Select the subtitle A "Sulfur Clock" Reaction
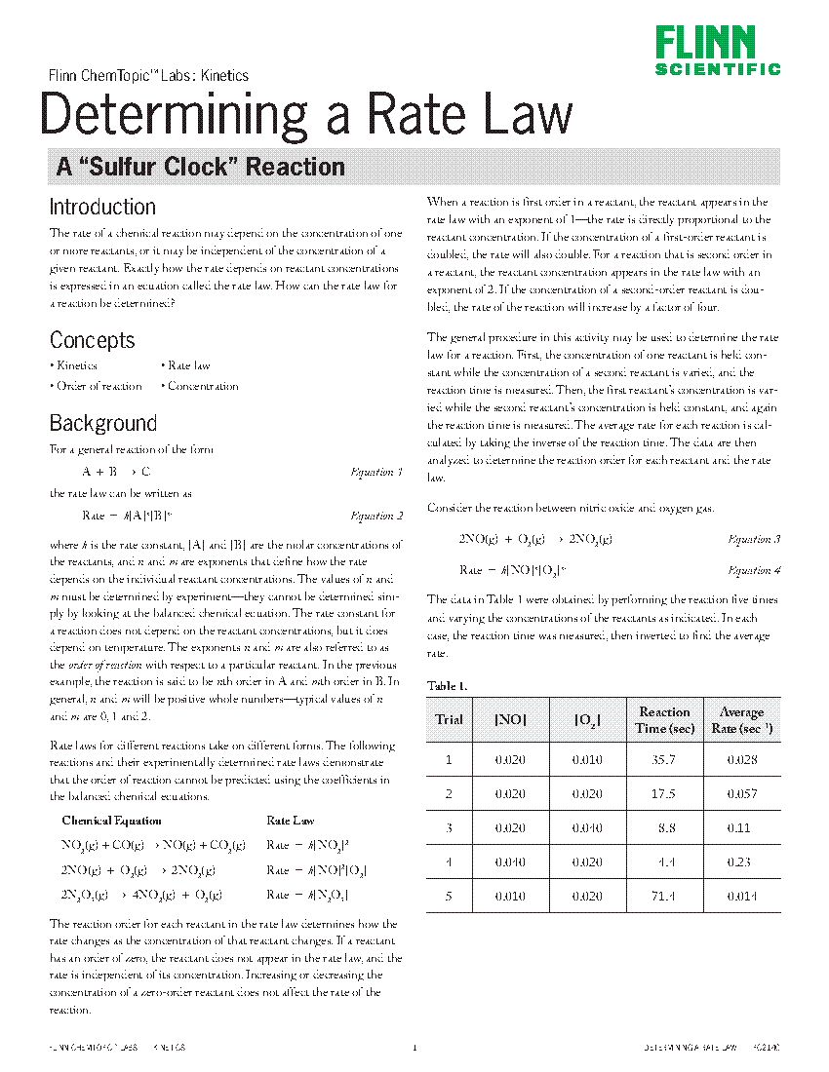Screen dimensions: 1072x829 [x=200, y=167]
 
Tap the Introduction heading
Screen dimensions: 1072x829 [x=102, y=207]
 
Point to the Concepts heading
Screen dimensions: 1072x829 [x=92, y=340]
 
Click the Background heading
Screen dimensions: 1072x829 [x=102, y=423]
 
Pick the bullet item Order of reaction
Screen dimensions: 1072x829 [x=98, y=386]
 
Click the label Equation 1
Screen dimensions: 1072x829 [x=375, y=472]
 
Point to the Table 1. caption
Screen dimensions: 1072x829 [x=447, y=686]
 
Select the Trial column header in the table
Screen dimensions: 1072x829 [x=449, y=719]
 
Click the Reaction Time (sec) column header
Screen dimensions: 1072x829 [x=664, y=719]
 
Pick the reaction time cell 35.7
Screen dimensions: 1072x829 [x=664, y=760]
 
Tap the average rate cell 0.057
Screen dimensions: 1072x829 [x=741, y=794]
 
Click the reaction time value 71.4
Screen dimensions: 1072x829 [x=664, y=896]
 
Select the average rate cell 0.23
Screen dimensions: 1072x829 [x=741, y=861]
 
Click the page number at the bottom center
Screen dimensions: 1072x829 [x=414, y=1048]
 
